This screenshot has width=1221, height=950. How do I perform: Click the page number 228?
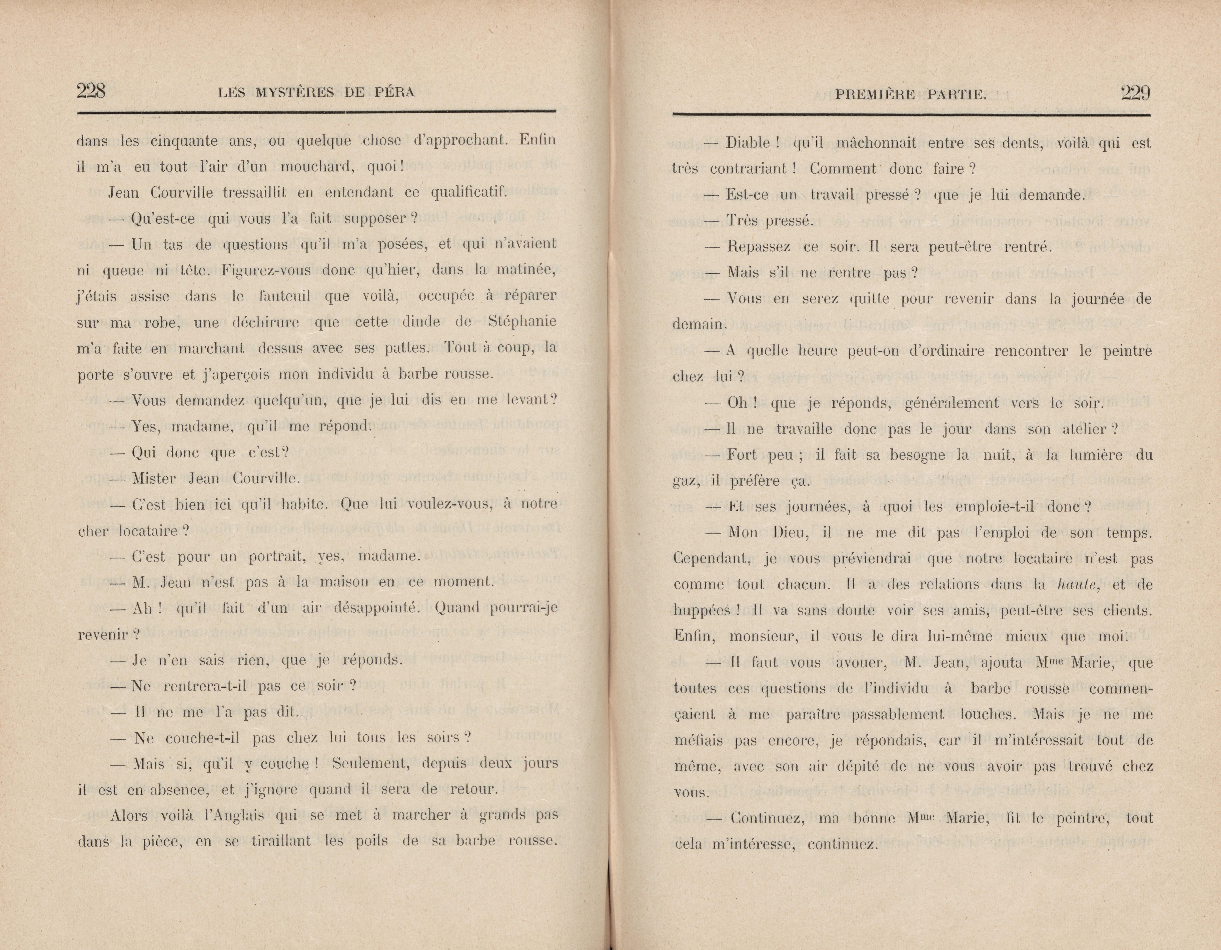(91, 91)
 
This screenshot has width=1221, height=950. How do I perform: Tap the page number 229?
(1135, 93)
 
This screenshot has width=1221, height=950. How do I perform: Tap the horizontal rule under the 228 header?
(317, 114)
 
